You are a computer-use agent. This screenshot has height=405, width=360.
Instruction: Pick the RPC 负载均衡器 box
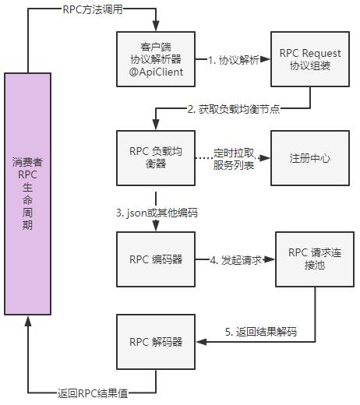coord(156,157)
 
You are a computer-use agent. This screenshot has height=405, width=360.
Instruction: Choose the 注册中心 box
coord(309,157)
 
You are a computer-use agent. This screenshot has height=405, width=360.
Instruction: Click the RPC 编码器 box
coord(156,259)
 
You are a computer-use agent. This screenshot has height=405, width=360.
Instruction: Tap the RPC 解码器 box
coord(156,341)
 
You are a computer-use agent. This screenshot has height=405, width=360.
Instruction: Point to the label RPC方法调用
coord(91,10)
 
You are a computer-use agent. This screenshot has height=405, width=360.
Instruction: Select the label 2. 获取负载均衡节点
coord(234,109)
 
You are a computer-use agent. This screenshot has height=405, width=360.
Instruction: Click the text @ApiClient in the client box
coord(156,74)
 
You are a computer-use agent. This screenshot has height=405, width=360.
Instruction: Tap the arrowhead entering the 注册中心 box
coord(266,157)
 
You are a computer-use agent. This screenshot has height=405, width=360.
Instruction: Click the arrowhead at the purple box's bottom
coord(30,322)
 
